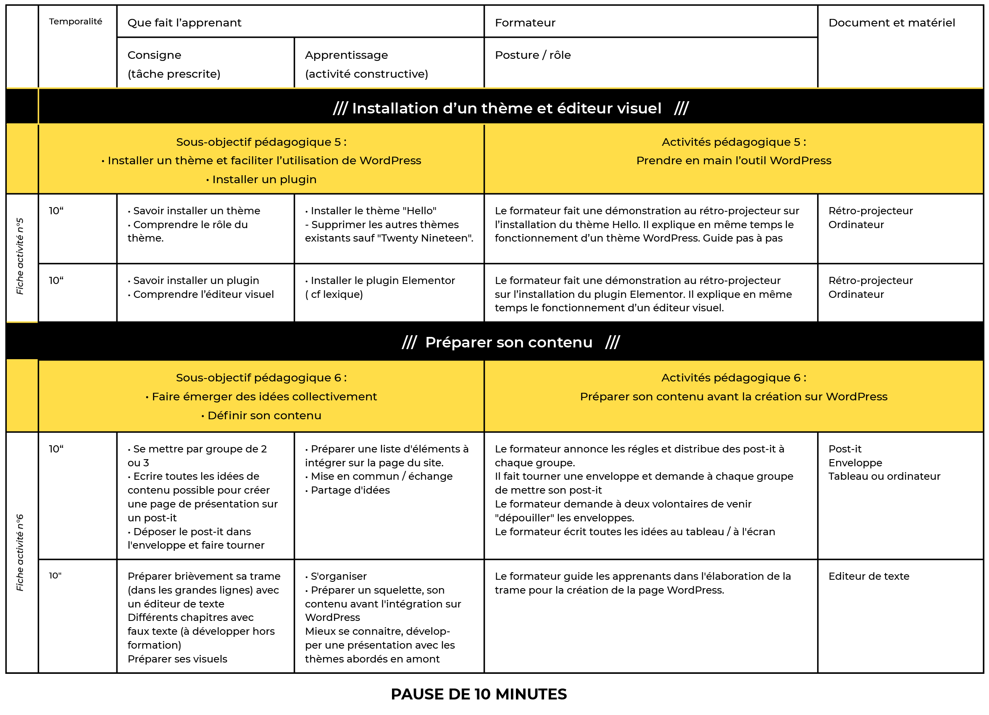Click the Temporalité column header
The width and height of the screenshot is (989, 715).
pyautogui.click(x=76, y=21)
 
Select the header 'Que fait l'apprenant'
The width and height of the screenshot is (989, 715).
pyautogui.click(x=184, y=23)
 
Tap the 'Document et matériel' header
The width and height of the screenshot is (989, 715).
pyautogui.click(x=892, y=23)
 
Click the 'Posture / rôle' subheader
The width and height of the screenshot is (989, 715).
pyautogui.click(x=532, y=55)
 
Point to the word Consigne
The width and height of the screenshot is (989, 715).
pyautogui.click(x=154, y=55)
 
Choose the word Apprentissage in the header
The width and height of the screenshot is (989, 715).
pyautogui.click(x=346, y=55)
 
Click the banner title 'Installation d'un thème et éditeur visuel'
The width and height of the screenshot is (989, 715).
pyautogui.click(x=506, y=108)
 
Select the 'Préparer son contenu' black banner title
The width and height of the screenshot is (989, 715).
pyautogui.click(x=508, y=342)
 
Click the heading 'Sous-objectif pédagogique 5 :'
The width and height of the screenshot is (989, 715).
pyautogui.click(x=261, y=142)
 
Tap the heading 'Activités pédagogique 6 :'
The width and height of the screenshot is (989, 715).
pyautogui.click(x=734, y=378)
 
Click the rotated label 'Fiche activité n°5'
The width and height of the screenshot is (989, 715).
pyautogui.click(x=20, y=256)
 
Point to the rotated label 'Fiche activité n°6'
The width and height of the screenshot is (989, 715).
pyautogui.click(x=20, y=552)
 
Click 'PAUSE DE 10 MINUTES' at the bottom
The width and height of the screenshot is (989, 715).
pyautogui.click(x=479, y=694)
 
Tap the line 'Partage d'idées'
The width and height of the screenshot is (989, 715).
pyautogui.click(x=350, y=490)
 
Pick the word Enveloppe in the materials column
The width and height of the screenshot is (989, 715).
pyautogui.click(x=855, y=463)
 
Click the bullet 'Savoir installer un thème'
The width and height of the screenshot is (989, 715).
pyautogui.click(x=196, y=210)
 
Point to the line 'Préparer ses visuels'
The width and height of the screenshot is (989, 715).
pyautogui.click(x=177, y=659)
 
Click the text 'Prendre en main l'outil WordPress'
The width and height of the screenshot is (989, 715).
pyautogui.click(x=734, y=160)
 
